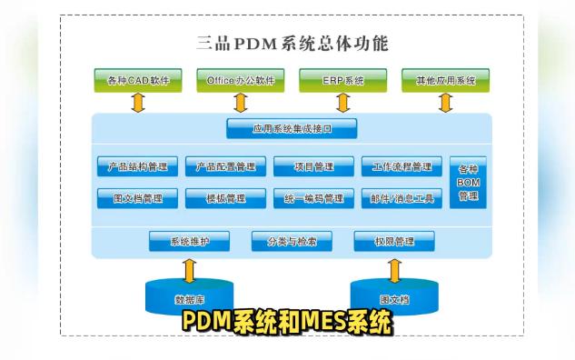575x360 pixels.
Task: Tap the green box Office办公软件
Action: click(x=241, y=80)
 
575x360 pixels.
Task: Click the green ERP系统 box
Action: click(x=342, y=80)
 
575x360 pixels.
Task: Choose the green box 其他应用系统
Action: click(x=445, y=80)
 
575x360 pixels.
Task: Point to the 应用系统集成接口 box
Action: click(x=292, y=129)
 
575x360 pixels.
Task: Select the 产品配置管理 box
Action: click(x=225, y=166)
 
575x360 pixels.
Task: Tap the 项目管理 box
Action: click(x=313, y=166)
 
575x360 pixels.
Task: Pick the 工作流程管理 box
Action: click(x=402, y=166)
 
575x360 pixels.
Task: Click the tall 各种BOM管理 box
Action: click(x=468, y=182)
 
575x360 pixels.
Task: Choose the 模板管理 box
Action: click(x=225, y=197)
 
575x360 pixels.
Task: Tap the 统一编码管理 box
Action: click(x=313, y=197)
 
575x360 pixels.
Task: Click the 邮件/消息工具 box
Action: click(x=402, y=197)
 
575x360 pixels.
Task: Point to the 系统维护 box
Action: click(x=190, y=241)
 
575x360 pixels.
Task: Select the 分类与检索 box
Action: click(x=292, y=241)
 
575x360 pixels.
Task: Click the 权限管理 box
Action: click(x=393, y=241)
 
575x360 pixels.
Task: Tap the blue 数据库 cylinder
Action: click(x=189, y=295)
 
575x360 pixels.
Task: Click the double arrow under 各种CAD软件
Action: click(x=138, y=103)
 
